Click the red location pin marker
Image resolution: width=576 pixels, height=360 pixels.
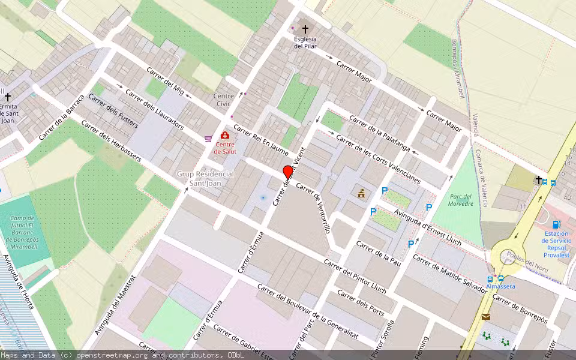click(x=288, y=172)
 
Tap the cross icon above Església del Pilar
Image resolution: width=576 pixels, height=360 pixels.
click(x=305, y=29)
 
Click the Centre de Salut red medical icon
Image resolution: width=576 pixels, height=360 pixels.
click(x=225, y=136)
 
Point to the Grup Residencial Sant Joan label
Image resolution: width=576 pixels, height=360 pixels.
click(x=205, y=178)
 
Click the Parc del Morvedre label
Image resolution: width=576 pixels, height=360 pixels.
click(x=460, y=200)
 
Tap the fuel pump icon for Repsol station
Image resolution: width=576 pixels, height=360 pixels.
click(x=556, y=224)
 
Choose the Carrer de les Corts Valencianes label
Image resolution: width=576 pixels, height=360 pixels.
click(x=378, y=160)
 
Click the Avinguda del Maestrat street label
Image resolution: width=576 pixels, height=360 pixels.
click(x=116, y=305)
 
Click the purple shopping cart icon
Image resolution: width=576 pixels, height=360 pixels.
click(x=208, y=139)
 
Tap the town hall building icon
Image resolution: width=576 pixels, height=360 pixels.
click(x=361, y=193)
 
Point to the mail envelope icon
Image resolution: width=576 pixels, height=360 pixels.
click(x=485, y=316)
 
